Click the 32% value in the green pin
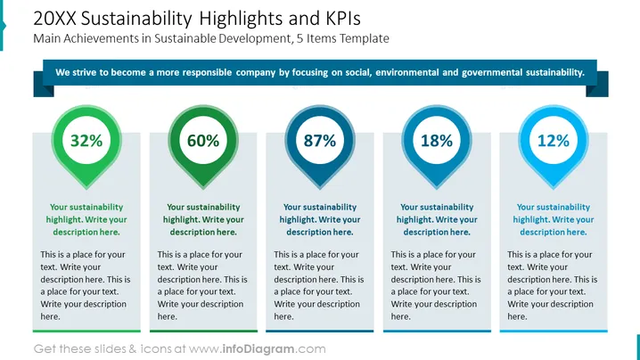[86, 141]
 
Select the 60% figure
[203, 141]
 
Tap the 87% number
[320, 141]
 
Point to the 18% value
[437, 141]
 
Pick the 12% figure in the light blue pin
[554, 141]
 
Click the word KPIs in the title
[343, 19]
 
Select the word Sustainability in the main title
[136, 20]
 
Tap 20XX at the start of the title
[54, 19]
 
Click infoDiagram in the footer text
[258, 349]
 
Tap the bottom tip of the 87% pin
[320, 188]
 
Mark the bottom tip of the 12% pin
[554, 188]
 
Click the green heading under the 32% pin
[86, 219]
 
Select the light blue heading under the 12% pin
[554, 219]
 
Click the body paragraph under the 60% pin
[202, 285]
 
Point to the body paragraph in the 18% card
[436, 285]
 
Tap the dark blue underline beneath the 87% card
[320, 331]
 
